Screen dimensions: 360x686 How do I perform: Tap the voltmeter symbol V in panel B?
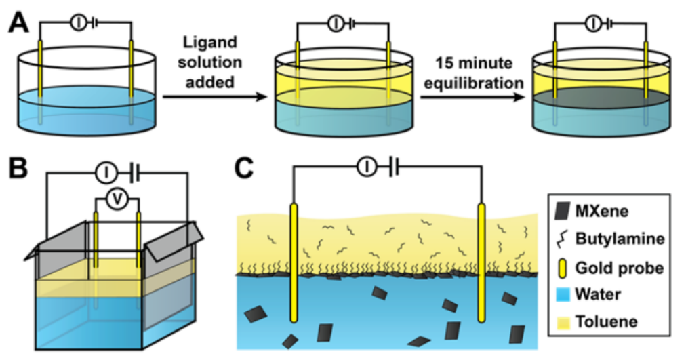click(x=117, y=197)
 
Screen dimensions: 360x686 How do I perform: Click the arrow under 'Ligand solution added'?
click(x=214, y=96)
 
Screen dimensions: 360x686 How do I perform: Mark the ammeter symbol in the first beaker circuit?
click(x=79, y=23)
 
